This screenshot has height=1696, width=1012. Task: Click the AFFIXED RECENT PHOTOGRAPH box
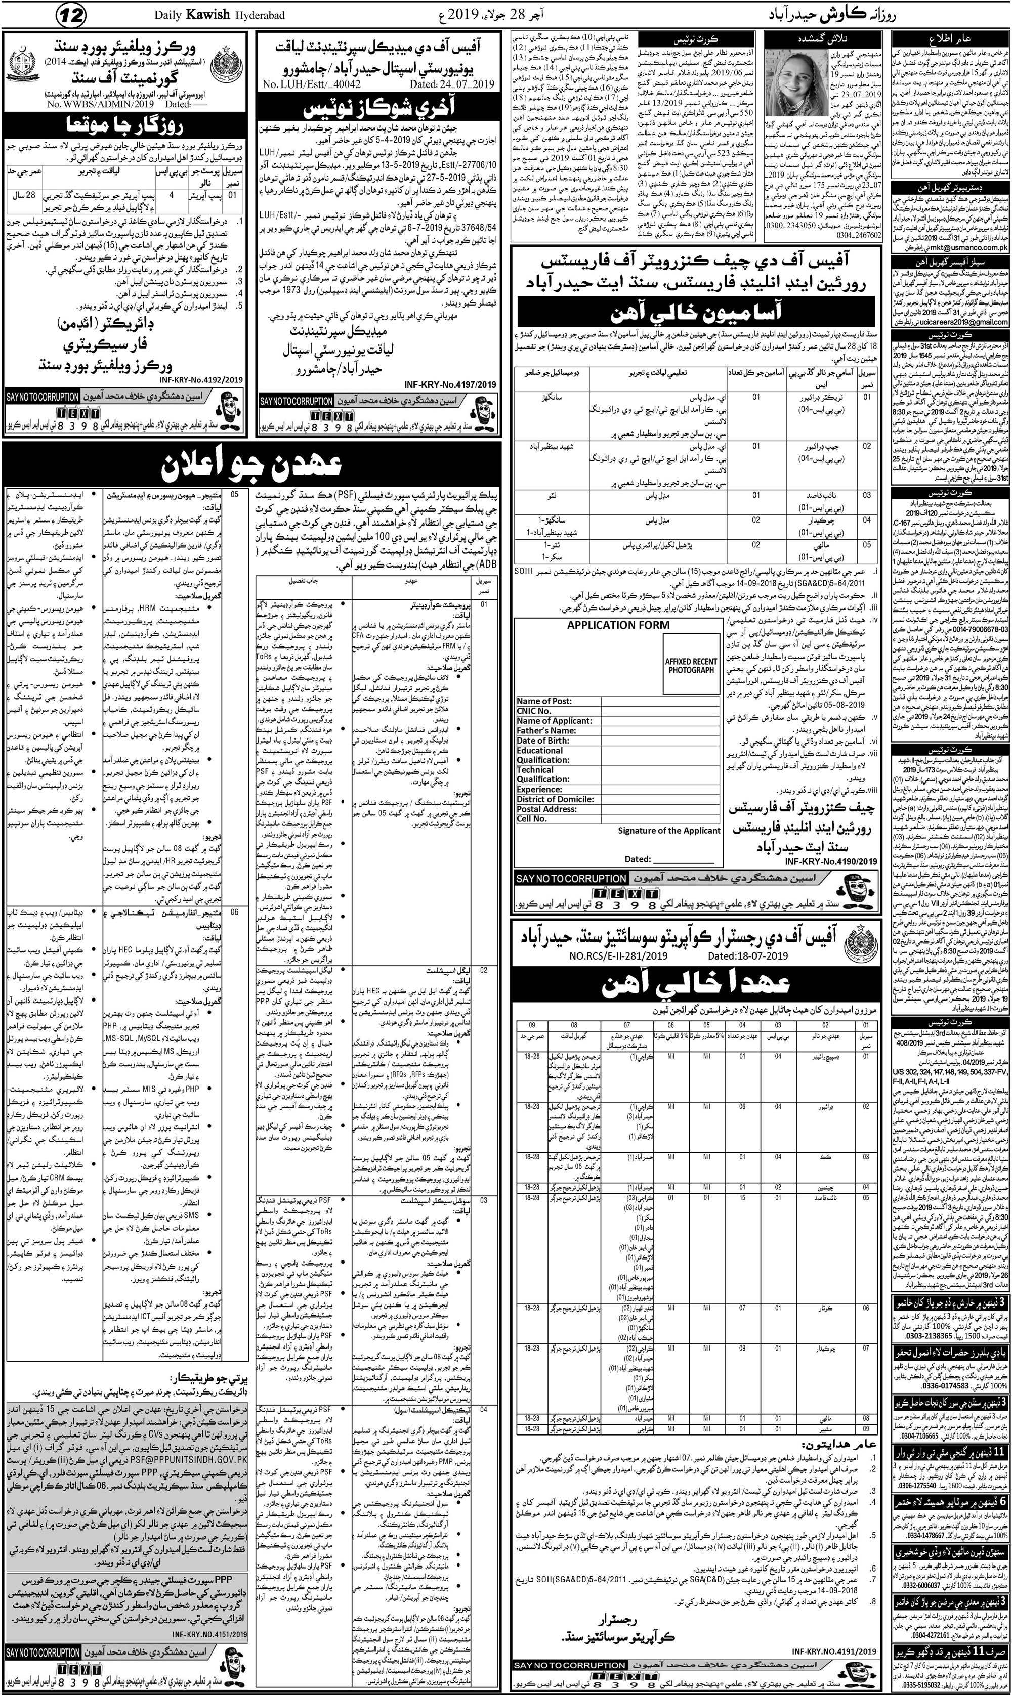pos(691,665)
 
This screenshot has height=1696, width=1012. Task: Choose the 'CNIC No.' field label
pos(535,711)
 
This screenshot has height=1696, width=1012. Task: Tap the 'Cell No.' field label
pos(532,819)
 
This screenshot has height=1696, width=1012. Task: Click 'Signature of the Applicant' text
pos(669,830)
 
